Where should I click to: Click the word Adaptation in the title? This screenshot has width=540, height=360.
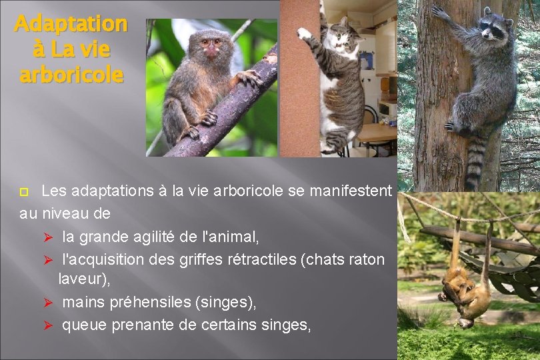(x=70, y=24)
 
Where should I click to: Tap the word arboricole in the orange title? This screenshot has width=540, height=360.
(x=71, y=75)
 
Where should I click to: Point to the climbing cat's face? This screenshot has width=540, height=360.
(x=345, y=37)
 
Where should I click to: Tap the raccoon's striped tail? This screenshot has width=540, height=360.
(x=475, y=163)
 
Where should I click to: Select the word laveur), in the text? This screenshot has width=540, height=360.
(x=84, y=280)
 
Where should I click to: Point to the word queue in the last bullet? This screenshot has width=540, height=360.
(x=85, y=325)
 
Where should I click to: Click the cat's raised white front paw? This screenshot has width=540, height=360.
(x=305, y=32)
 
